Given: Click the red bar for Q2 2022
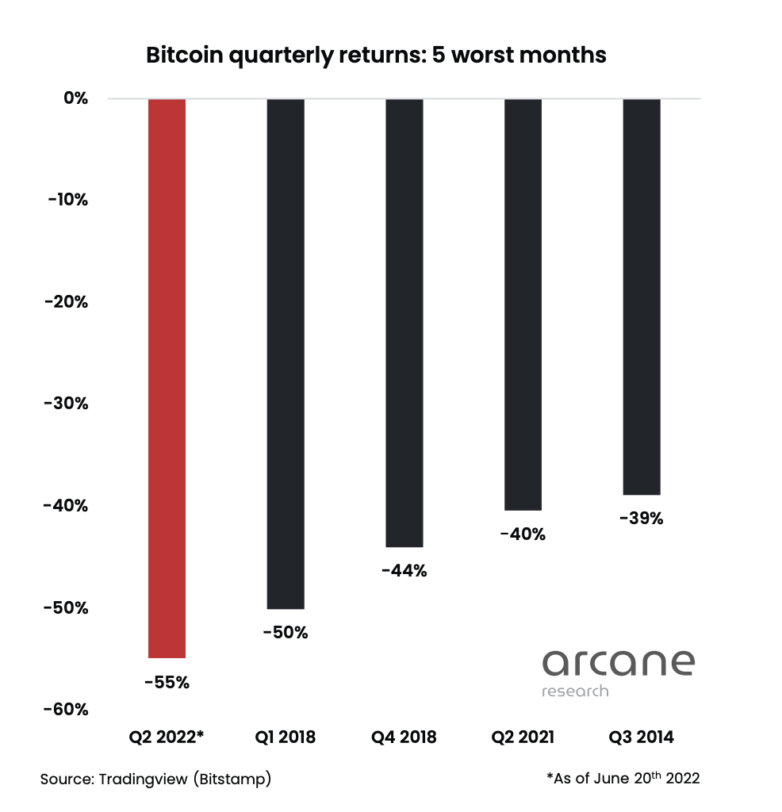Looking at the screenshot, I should pos(167,378).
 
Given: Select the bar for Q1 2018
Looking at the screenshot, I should pos(286,354).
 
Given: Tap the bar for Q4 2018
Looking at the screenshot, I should pos(404,323).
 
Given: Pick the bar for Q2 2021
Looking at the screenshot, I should pos(523,304).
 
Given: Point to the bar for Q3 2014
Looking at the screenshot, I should pos(642,297).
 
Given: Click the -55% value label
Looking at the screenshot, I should pos(167,682).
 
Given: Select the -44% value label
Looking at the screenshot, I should pos(404,571).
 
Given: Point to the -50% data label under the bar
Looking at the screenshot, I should pos(286,633).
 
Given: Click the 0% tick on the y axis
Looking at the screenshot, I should pos(75,98).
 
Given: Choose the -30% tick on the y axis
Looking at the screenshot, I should pos(67,404).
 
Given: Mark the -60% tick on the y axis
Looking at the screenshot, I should pos(67,709).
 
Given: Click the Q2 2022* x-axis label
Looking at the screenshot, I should pos(167,737).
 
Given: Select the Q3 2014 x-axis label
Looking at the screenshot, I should pos(642,737).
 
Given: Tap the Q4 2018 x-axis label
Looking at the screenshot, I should pos(404,737).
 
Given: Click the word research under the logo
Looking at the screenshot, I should pos(575,691).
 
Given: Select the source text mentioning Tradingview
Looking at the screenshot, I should pos(156,779).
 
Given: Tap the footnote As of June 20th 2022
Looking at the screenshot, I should pos(623,778).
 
